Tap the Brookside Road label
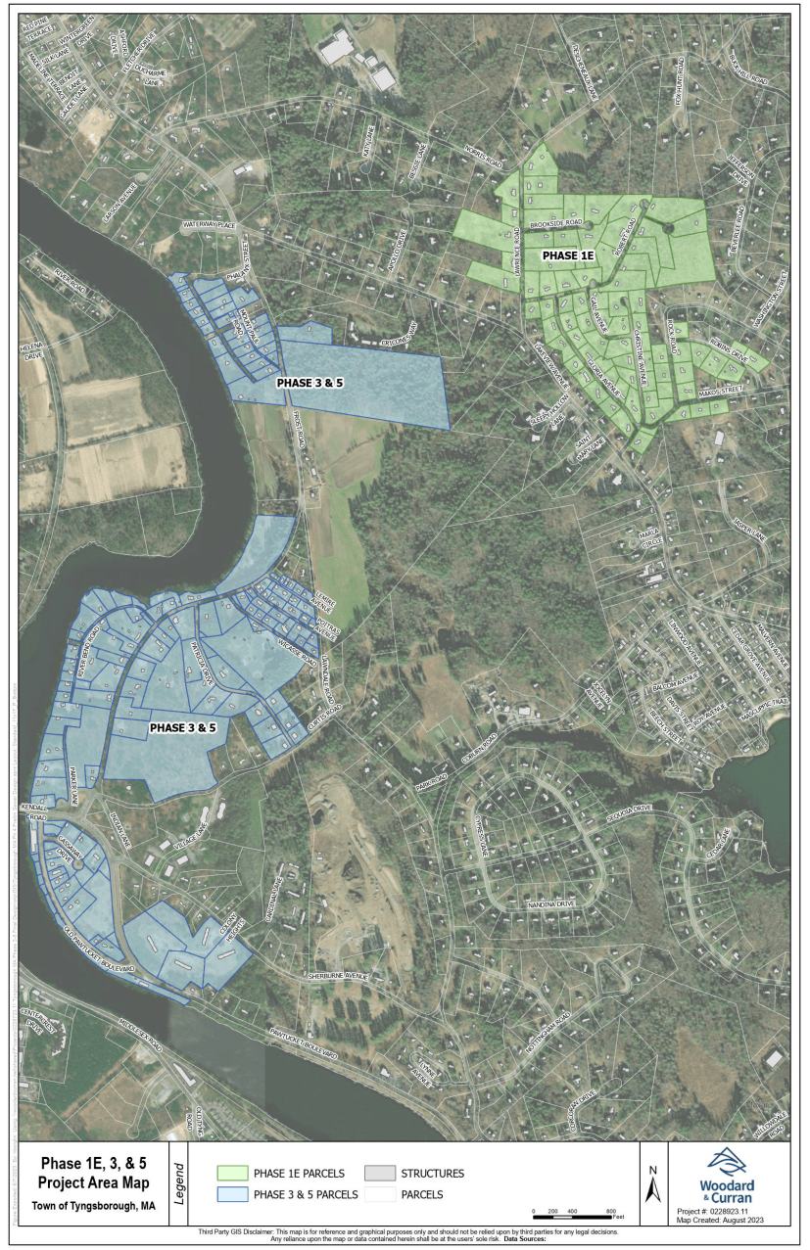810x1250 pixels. coord(556,223)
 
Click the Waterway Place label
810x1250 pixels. coord(208,225)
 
